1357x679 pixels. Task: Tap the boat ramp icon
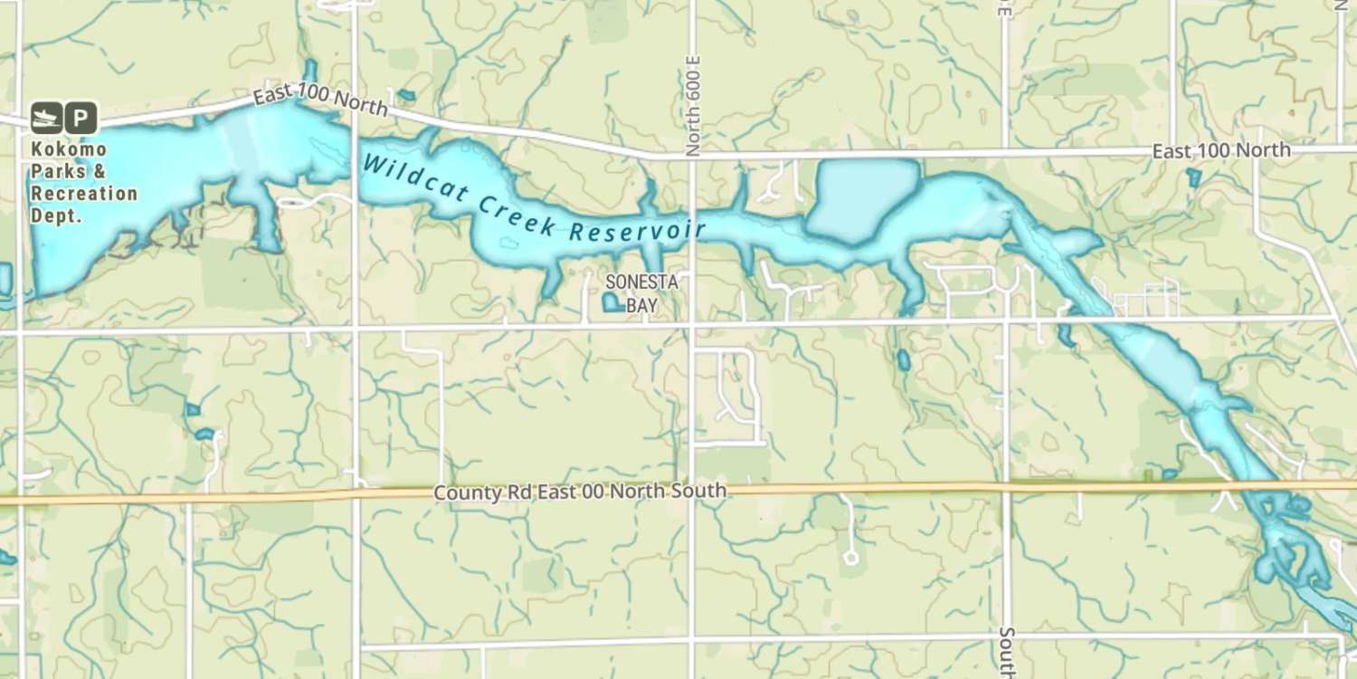(46, 118)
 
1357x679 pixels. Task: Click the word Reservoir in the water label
(637, 230)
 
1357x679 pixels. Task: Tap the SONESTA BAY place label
(641, 293)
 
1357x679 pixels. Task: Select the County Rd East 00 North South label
(579, 493)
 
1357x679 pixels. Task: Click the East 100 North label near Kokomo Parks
(320, 101)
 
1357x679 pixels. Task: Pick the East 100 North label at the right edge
(1221, 150)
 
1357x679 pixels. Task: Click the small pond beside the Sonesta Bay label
(612, 302)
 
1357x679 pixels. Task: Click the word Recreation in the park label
(84, 194)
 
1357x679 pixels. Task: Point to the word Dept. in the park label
(56, 215)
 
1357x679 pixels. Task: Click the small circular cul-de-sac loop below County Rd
(850, 558)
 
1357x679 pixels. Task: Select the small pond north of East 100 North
(406, 95)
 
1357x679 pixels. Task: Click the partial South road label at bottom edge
(1007, 650)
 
